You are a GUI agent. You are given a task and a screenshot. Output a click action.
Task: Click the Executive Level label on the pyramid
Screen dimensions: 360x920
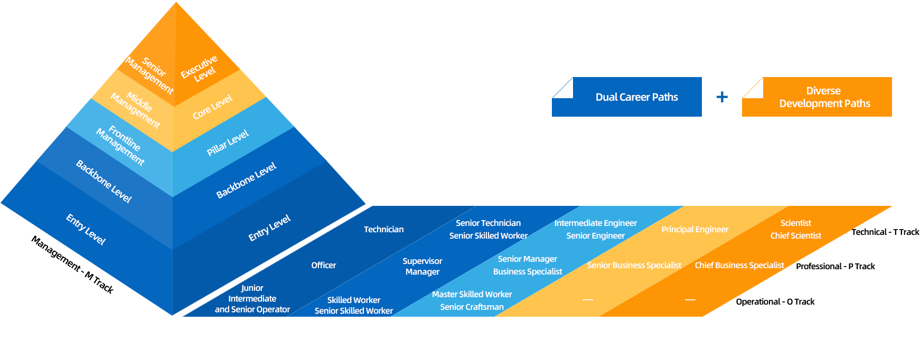pyautogui.click(x=200, y=69)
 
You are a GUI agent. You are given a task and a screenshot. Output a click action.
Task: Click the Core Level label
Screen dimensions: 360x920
pyautogui.click(x=212, y=107)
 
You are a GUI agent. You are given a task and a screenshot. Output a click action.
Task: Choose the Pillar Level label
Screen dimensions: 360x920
pyautogui.click(x=227, y=143)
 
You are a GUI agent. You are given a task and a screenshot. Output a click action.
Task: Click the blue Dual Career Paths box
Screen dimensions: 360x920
pyautogui.click(x=627, y=97)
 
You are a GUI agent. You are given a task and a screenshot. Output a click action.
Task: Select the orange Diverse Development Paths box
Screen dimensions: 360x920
pyautogui.click(x=817, y=97)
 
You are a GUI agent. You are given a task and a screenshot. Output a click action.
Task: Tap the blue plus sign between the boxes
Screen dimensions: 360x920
pyautogui.click(x=722, y=97)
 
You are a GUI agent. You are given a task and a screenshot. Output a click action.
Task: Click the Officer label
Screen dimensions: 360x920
pyautogui.click(x=324, y=265)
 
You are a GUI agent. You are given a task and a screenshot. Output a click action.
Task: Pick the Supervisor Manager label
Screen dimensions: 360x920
pyautogui.click(x=423, y=267)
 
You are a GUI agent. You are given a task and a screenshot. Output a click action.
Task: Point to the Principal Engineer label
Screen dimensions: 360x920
pyautogui.click(x=695, y=229)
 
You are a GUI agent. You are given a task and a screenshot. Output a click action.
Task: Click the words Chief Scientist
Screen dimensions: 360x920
pyautogui.click(x=796, y=235)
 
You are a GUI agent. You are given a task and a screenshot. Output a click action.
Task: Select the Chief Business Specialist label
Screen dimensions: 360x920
pyautogui.click(x=739, y=265)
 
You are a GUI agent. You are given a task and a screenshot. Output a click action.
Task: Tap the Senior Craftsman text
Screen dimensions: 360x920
pyautogui.click(x=472, y=307)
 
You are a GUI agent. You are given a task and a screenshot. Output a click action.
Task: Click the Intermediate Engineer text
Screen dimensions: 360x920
pyautogui.click(x=596, y=223)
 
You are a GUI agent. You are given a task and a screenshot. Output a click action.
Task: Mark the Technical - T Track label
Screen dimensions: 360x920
pyautogui.click(x=885, y=232)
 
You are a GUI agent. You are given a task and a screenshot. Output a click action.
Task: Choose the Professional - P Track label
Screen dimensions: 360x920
pyautogui.click(x=835, y=266)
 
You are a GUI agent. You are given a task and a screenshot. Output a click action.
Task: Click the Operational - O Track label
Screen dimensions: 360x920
pyautogui.click(x=775, y=301)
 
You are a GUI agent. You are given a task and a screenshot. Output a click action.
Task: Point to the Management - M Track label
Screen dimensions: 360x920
pyautogui.click(x=72, y=264)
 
